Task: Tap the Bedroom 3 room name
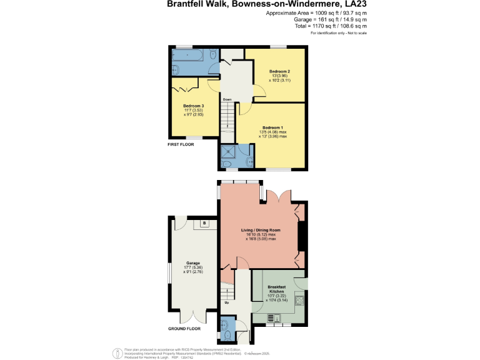pos(193,106)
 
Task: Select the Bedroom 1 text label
pos(272,127)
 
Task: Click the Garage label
pos(192,263)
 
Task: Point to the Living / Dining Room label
pos(262,230)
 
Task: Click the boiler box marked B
pos(204,223)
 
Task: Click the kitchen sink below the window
pos(273,318)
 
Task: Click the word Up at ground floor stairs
pos(226,302)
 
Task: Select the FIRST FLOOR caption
pos(181,144)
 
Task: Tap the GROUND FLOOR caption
pos(184,328)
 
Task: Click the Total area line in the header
pos(331,26)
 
